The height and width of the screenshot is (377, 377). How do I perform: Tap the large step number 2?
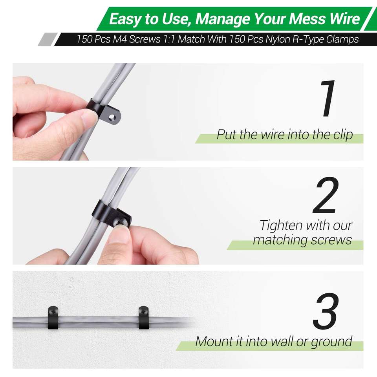tap(326, 195)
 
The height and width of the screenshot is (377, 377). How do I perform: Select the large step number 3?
tap(326, 311)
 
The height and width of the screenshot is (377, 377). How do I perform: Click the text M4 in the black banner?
tap(120, 39)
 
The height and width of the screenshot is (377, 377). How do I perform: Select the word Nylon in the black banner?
tap(277, 39)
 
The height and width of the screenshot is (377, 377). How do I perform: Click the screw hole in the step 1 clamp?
tap(112, 117)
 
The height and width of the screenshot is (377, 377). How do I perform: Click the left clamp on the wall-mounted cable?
tap(53, 317)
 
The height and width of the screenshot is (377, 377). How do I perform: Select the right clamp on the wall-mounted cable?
tap(144, 317)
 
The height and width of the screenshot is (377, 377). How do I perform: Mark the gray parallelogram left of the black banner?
tap(48, 39)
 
